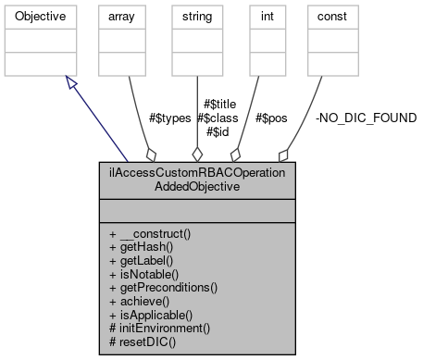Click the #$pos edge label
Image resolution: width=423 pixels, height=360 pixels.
(x=276, y=118)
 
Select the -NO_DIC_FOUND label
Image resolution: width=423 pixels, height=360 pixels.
(x=366, y=118)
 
